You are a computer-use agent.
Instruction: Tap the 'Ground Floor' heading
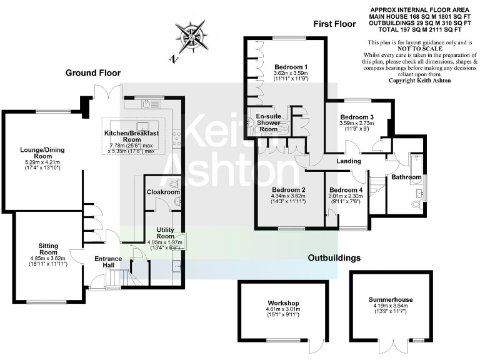click(93, 73)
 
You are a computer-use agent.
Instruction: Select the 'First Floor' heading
click(334, 24)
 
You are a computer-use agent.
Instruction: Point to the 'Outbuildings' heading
click(334, 257)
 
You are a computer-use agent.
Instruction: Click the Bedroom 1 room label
click(291, 66)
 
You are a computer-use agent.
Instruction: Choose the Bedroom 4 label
click(346, 190)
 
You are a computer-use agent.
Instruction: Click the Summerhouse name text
click(391, 300)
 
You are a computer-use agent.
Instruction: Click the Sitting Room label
click(49, 249)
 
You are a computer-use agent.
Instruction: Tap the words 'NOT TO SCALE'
click(421, 49)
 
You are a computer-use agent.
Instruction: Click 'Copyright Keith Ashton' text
click(421, 81)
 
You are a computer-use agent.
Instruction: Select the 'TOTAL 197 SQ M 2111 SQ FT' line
click(421, 29)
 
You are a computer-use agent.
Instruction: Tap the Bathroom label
click(407, 177)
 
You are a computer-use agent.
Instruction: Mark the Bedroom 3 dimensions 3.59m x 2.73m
click(357, 123)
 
